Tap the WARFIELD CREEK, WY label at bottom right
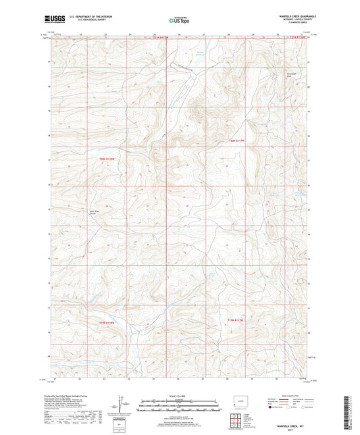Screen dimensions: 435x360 (x=292, y=421)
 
